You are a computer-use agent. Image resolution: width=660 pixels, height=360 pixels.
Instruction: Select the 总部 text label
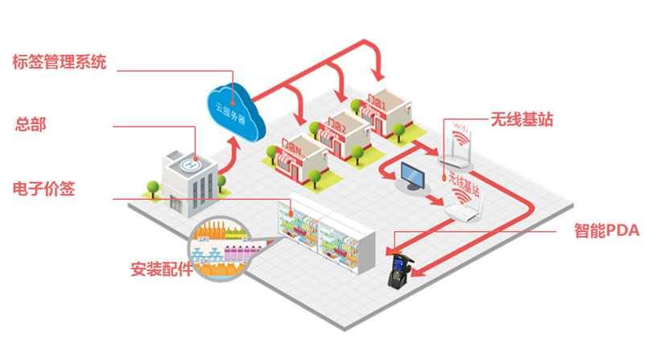click(31, 125)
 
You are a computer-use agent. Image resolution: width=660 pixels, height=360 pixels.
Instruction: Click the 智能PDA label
click(606, 230)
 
